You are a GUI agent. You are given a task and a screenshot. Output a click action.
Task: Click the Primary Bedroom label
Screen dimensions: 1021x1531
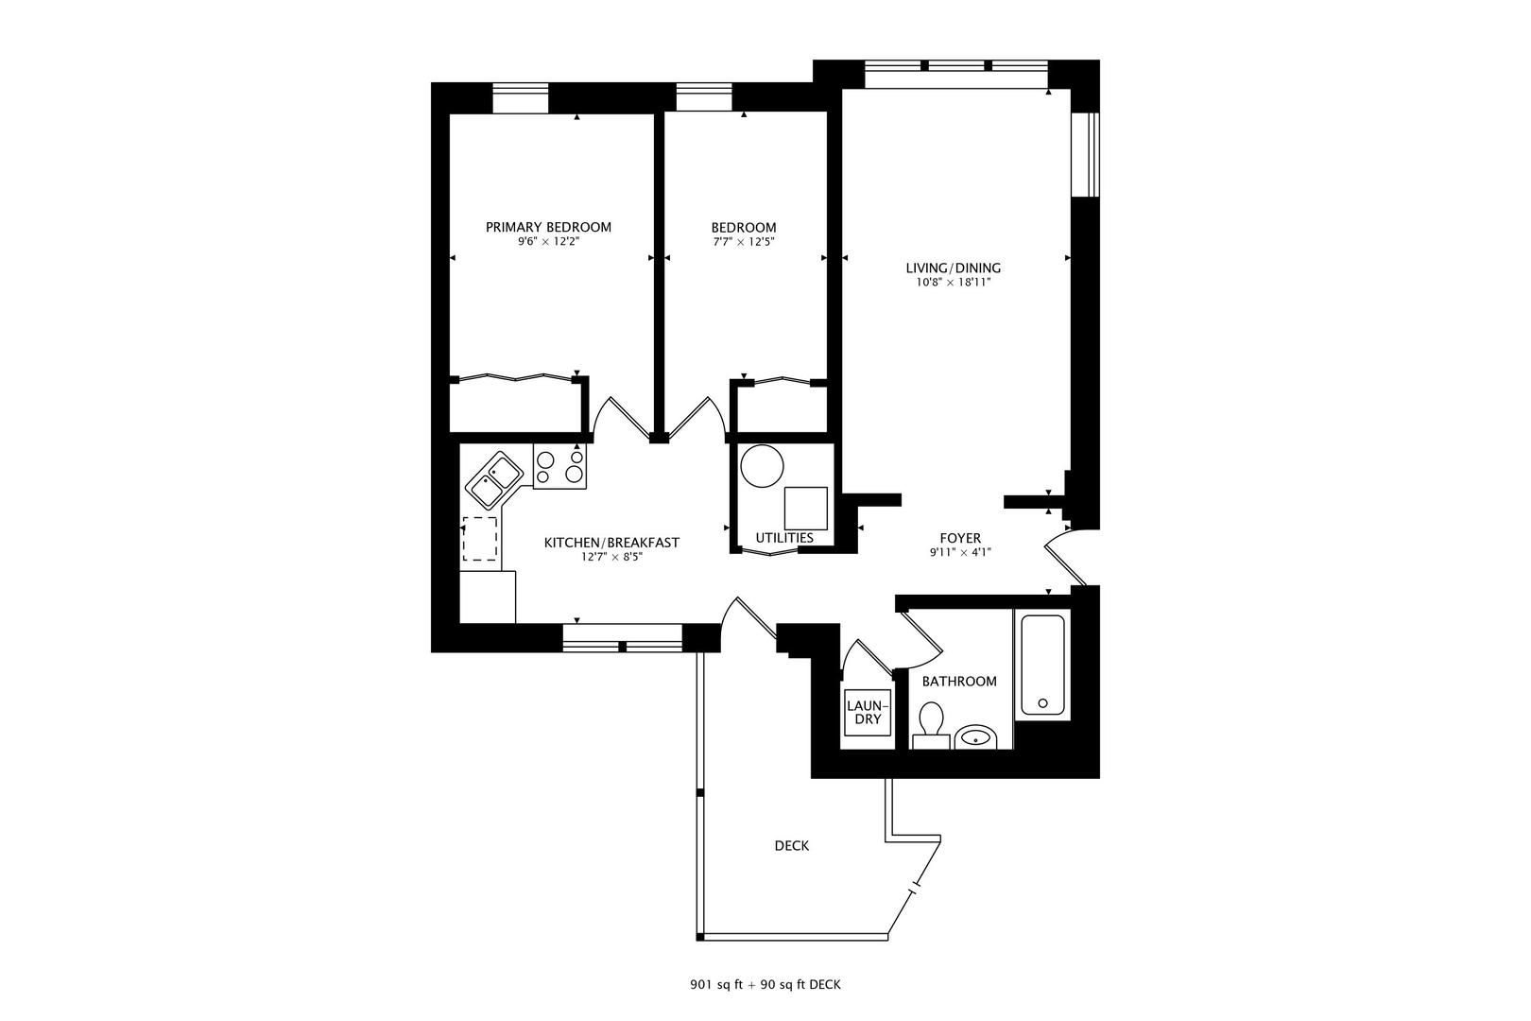click(548, 227)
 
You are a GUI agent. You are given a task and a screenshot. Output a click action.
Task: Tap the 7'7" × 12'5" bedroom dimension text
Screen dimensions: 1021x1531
click(744, 242)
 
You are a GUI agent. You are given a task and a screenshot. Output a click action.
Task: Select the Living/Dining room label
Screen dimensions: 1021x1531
click(953, 268)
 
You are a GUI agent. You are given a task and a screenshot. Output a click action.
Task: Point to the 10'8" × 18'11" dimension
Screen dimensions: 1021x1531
click(953, 282)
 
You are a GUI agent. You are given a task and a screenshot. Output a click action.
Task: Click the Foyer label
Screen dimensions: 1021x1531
click(959, 538)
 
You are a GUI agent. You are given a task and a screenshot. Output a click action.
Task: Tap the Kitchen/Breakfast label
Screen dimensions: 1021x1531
click(611, 543)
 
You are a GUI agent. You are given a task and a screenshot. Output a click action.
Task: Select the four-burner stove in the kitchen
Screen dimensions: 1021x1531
click(559, 466)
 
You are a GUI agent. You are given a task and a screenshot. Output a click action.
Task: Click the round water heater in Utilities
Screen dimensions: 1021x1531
click(763, 465)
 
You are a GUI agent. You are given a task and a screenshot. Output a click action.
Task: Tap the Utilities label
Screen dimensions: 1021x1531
click(784, 538)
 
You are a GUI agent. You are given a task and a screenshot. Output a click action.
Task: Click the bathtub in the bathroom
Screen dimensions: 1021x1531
click(1042, 664)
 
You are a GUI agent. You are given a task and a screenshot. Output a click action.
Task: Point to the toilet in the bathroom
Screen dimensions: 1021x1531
click(931, 723)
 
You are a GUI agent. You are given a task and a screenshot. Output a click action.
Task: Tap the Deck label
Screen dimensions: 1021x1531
click(791, 846)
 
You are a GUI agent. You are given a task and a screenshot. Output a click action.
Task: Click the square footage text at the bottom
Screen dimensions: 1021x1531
click(765, 985)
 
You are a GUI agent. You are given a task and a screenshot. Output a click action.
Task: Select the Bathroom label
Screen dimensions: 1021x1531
click(959, 681)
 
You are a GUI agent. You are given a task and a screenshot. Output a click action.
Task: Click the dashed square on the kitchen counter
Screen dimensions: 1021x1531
click(480, 539)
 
